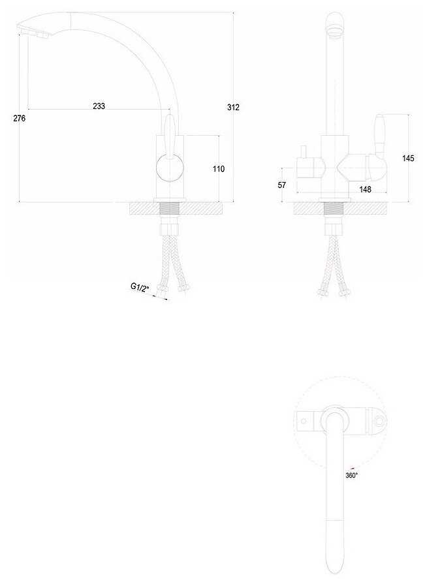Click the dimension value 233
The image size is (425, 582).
[99, 106]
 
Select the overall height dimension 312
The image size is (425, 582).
[233, 107]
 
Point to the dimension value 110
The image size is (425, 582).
[219, 169]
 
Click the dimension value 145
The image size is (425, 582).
[409, 159]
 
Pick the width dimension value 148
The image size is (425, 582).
[365, 190]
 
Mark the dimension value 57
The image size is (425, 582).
[282, 185]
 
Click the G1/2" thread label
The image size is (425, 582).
[140, 287]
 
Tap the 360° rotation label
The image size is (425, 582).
[351, 476]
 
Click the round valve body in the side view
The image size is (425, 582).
[169, 168]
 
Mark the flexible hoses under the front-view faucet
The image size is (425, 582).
[334, 264]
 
